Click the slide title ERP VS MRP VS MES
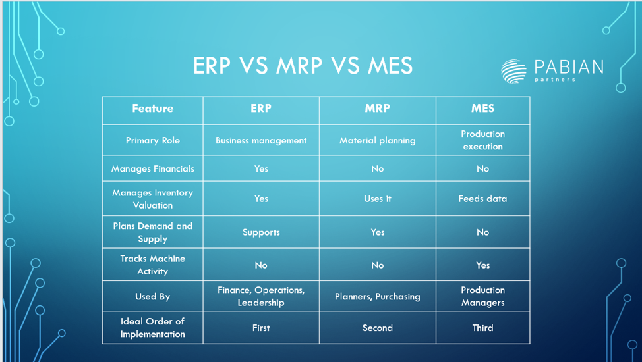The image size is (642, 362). click(303, 66)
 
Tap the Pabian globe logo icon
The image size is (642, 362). click(513, 70)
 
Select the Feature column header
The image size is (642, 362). click(152, 109)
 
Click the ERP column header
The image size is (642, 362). click(261, 109)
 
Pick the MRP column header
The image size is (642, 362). click(377, 109)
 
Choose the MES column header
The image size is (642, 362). click(482, 109)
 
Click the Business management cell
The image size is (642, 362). click(261, 140)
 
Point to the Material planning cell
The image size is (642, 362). click(377, 140)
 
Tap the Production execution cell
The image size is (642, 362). click(482, 140)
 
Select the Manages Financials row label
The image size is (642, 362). click(152, 169)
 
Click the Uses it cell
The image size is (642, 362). click(377, 199)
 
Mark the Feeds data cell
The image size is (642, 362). click(482, 199)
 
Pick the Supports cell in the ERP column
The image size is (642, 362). click(261, 232)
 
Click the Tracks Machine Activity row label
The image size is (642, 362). click(152, 265)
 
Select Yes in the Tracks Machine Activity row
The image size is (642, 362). click(482, 265)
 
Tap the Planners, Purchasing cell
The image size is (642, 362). click(377, 297)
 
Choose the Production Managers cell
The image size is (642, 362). click(482, 296)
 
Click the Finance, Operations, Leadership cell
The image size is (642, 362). click(261, 296)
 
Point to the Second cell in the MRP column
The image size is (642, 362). click(377, 328)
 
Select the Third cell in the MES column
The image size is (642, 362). click(482, 328)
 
